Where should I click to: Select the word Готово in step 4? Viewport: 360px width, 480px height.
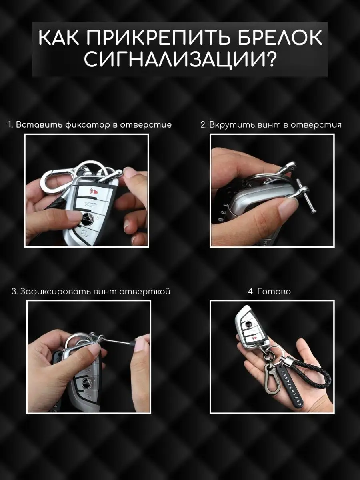pyautogui.click(x=274, y=292)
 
